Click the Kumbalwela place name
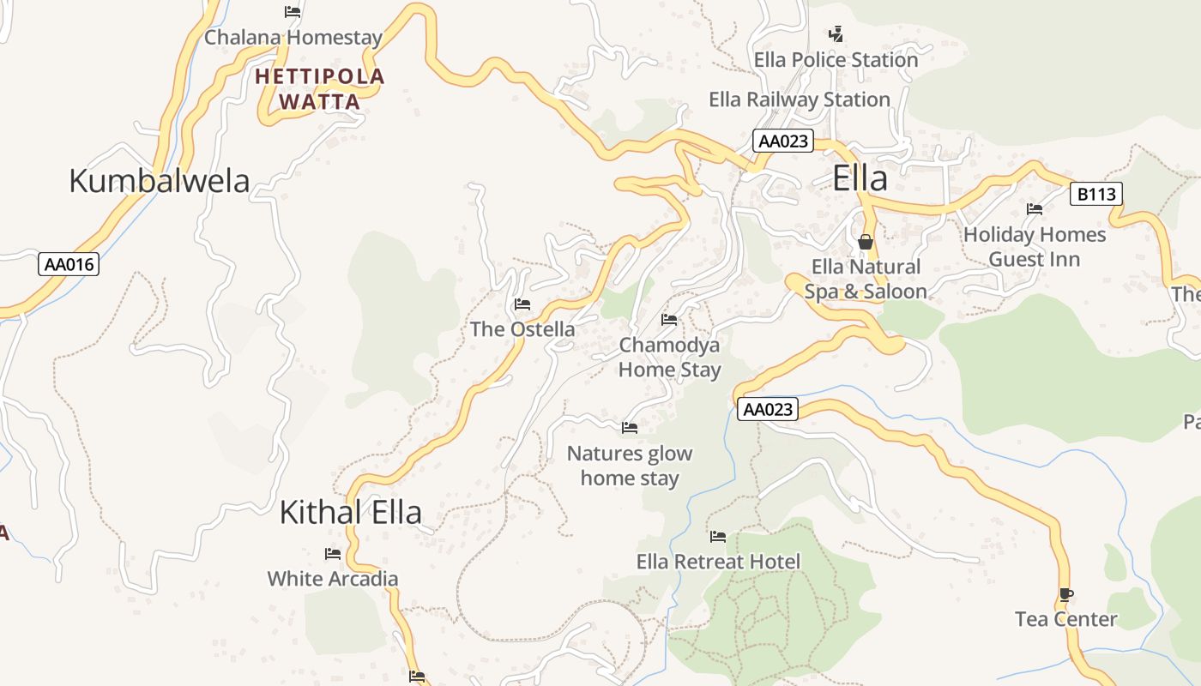click(159, 181)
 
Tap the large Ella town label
click(860, 178)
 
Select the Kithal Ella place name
click(351, 512)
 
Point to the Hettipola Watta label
click(320, 89)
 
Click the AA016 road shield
click(69, 264)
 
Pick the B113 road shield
click(1095, 194)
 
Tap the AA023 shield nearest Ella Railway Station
click(782, 141)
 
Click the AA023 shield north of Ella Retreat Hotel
click(767, 409)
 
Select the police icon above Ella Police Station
click(836, 34)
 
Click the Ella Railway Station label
click(799, 99)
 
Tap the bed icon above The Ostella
click(522, 304)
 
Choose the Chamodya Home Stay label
click(669, 357)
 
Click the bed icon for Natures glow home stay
click(630, 428)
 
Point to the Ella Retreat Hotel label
click(718, 562)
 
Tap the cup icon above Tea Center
click(1065, 594)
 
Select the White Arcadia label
click(333, 579)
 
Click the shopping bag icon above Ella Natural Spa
click(865, 242)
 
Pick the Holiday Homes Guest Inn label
click(1035, 247)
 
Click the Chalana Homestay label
click(293, 38)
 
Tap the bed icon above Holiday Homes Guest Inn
click(1035, 209)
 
